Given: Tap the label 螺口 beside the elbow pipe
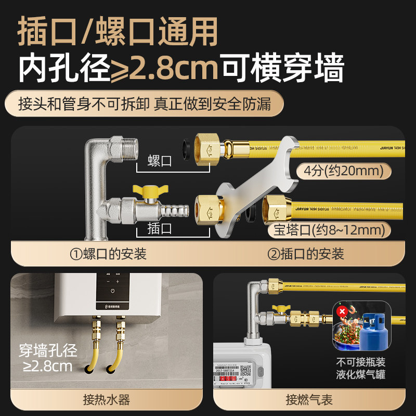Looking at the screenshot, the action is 160,161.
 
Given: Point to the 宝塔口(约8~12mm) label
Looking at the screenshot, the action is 327,229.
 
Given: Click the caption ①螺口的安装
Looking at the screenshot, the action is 109,254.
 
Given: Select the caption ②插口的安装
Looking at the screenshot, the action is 306,254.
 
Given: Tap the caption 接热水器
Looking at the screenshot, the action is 106,400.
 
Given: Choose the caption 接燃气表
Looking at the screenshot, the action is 309,400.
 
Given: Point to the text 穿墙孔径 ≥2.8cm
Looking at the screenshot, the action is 48,358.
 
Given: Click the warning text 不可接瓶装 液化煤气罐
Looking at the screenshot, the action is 368,368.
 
